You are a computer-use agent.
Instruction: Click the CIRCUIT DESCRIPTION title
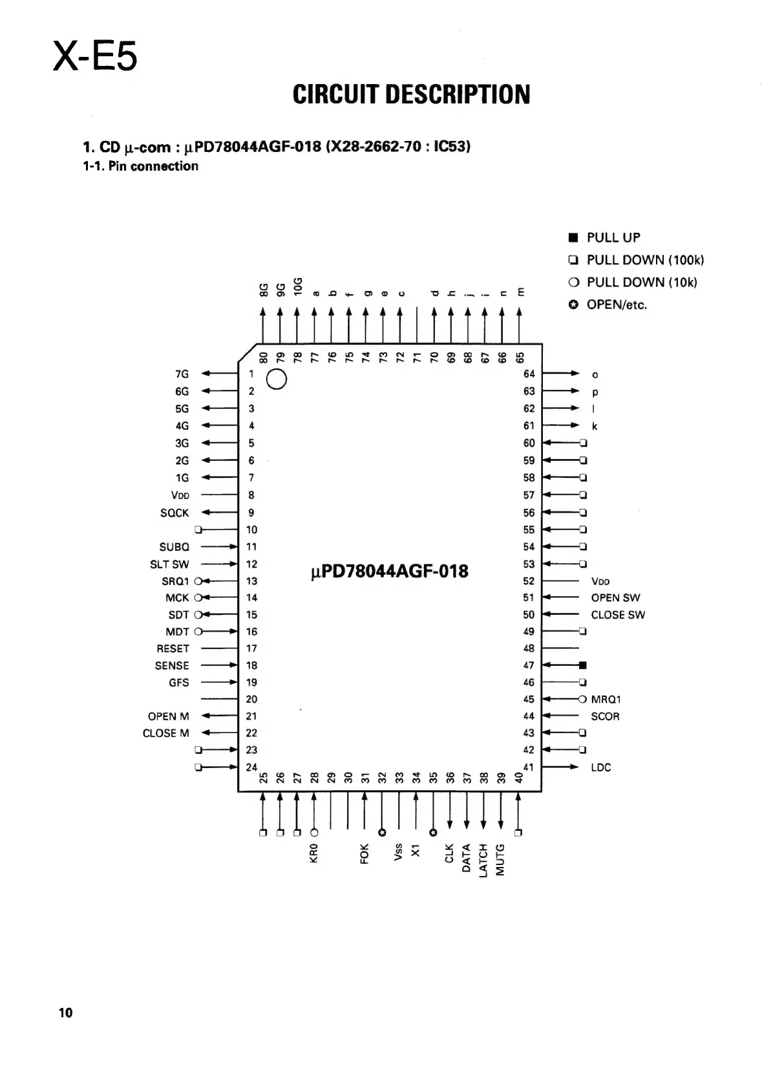[411, 95]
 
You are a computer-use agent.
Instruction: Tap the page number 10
[66, 1012]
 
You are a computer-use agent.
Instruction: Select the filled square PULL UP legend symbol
[573, 237]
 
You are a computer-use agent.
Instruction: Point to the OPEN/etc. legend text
[617, 305]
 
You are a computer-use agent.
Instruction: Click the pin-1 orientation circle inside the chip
[276, 380]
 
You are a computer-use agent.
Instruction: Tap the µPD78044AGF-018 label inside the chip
[390, 572]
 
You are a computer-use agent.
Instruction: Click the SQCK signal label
[175, 513]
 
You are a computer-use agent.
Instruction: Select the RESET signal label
[173, 648]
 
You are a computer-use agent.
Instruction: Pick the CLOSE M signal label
[166, 733]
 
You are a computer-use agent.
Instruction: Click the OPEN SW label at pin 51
[615, 598]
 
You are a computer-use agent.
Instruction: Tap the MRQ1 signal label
[606, 700]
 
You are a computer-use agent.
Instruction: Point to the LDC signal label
[600, 767]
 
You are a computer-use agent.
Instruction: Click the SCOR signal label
[605, 716]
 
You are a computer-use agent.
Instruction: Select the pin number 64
[529, 374]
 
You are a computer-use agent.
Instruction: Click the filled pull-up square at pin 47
[583, 665]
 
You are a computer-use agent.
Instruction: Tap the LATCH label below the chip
[483, 860]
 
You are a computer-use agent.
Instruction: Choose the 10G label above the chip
[297, 286]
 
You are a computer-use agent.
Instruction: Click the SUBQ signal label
[175, 547]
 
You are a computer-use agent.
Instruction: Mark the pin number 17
[251, 648]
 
